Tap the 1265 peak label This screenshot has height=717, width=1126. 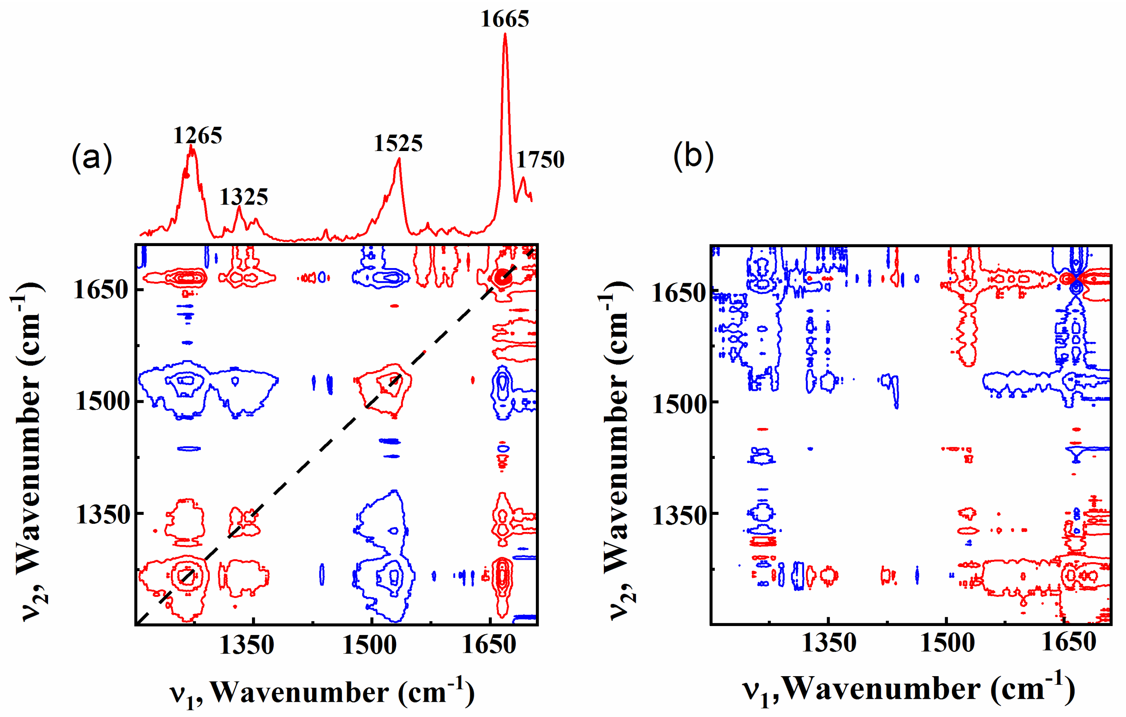point(197,136)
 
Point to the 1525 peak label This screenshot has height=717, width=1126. point(398,143)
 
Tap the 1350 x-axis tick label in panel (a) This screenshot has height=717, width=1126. point(246,645)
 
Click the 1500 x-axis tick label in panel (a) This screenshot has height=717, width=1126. point(369,645)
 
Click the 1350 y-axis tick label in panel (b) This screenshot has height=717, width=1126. point(679,516)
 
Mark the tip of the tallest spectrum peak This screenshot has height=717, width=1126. point(505,34)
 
